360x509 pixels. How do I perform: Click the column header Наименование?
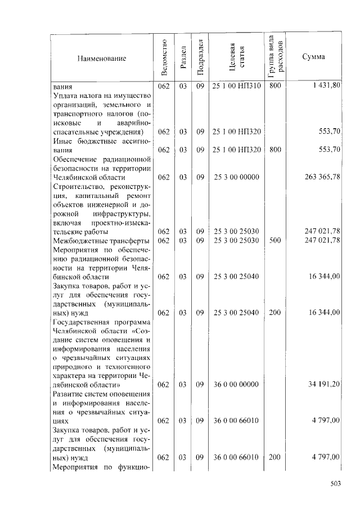(102, 57)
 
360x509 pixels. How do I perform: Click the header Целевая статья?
(236, 57)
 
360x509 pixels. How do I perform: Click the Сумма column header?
(313, 57)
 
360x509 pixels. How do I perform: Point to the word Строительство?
(78, 187)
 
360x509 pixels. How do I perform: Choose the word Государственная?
(80, 322)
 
